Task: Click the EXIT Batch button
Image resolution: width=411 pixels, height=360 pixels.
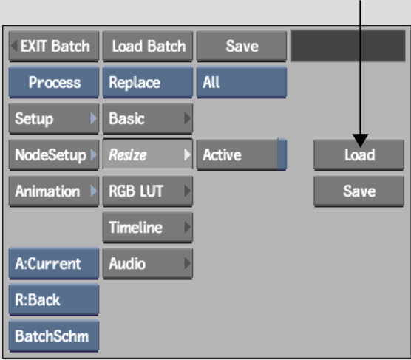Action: [54, 46]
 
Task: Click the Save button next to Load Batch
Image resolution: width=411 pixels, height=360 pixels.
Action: [242, 46]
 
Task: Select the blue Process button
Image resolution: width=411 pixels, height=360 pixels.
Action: [54, 82]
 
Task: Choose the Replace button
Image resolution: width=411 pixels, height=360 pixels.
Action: [148, 82]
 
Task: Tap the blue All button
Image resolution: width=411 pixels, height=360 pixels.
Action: [242, 82]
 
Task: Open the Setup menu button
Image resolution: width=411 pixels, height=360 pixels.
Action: [54, 118]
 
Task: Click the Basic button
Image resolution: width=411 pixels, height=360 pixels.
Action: [148, 118]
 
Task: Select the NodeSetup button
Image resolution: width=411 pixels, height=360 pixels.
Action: [54, 154]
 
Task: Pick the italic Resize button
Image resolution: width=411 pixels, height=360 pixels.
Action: [148, 154]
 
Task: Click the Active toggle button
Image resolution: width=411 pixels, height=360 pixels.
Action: [242, 154]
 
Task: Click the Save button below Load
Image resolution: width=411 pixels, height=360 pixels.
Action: [359, 191]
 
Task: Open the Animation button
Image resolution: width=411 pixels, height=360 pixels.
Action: [54, 191]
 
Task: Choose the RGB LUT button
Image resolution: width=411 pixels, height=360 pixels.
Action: [148, 191]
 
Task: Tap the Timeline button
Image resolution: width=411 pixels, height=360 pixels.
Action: [148, 227]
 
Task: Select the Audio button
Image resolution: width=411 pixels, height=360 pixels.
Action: [148, 263]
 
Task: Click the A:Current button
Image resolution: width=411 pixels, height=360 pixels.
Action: [54, 263]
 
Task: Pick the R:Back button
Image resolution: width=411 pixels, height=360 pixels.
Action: [54, 299]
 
